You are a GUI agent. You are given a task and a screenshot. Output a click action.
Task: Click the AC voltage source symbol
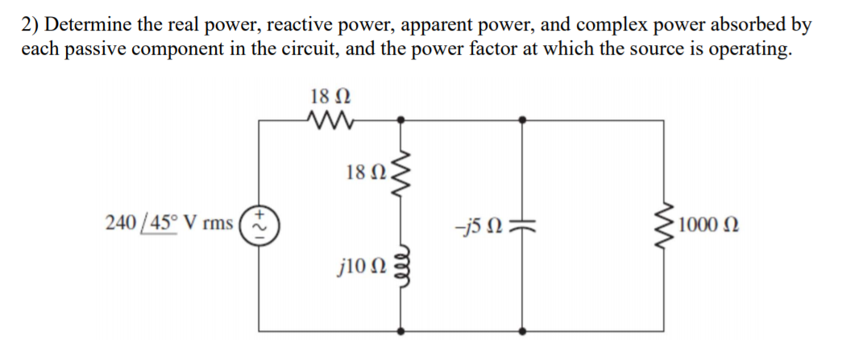pos(259,222)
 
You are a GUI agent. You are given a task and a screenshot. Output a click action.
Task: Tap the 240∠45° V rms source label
pos(169,222)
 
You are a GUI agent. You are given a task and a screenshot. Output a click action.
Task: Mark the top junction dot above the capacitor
pos(525,120)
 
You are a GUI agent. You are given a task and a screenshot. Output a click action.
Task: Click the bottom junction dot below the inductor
pos(401,329)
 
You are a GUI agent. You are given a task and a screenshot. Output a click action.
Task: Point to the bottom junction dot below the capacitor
pos(525,329)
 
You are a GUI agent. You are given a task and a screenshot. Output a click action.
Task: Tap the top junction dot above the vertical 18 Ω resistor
pos(401,120)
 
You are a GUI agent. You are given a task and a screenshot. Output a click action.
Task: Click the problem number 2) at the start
pos(31,25)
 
